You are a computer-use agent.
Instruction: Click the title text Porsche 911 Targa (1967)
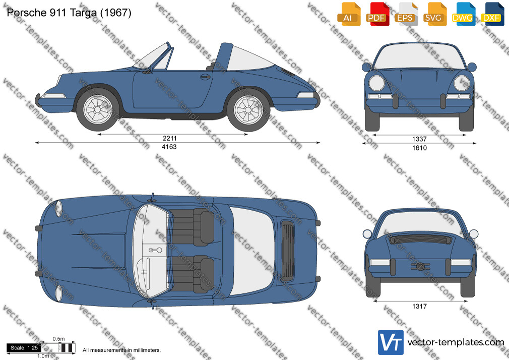pos(69,13)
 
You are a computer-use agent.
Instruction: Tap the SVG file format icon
pos(433,14)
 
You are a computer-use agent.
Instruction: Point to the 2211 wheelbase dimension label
pos(169,139)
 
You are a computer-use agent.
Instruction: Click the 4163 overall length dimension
pos(169,147)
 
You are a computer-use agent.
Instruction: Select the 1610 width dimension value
pos(419,148)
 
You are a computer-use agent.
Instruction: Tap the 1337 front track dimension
pos(419,139)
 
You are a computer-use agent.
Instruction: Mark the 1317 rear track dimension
pos(419,306)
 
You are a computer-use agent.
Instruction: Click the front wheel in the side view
pos(98,109)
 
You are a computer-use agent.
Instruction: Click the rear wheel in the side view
pos(248,110)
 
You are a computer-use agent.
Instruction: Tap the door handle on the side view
pos(205,77)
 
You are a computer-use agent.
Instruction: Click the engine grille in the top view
pos(287,250)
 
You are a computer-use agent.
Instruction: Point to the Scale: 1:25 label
pos(24,348)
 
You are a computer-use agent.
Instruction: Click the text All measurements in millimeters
pos(121,350)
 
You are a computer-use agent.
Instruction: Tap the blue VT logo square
pos(391,342)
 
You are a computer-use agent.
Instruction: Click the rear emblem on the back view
pos(420,266)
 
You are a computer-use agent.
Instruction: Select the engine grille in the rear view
pos(420,240)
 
